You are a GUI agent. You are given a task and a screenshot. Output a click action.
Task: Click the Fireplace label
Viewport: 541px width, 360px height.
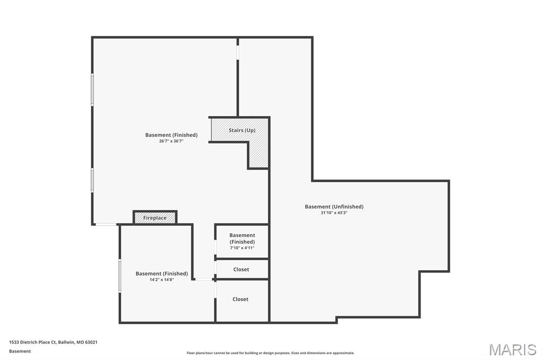coord(155,218)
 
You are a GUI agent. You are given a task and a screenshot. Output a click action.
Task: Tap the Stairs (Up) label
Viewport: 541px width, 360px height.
coord(242,130)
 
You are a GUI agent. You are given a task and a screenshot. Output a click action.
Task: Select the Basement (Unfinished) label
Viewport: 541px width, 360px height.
coord(334,206)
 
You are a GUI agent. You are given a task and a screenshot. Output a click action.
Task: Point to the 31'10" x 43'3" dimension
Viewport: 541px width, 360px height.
coord(334,213)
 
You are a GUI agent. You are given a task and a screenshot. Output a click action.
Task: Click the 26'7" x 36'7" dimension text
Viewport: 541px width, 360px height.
coord(171,141)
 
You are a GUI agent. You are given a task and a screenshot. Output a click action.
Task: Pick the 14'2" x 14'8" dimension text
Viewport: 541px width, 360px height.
coord(162,280)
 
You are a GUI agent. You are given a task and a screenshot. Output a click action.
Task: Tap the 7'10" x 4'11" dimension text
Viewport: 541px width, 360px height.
coord(242,248)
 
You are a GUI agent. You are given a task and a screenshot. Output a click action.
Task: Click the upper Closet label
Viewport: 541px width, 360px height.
coord(241,269)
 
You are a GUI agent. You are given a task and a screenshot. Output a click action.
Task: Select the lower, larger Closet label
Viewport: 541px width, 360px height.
coord(240,299)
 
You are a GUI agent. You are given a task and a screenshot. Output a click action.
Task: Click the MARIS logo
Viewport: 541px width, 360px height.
coord(512,349)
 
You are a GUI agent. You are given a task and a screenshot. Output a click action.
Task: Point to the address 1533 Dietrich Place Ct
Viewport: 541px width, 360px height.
coord(32,343)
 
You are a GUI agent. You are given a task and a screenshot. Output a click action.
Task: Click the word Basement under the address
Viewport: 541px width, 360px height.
coord(20,352)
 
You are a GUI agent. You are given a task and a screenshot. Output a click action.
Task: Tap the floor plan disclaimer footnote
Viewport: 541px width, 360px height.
coord(270,353)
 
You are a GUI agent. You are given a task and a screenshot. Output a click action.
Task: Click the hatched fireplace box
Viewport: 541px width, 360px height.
coord(155,217)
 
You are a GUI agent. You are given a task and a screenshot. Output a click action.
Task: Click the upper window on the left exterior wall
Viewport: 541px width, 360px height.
coord(92,89)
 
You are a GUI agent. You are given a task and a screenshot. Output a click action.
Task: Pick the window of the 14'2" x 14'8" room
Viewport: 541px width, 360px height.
coord(120,276)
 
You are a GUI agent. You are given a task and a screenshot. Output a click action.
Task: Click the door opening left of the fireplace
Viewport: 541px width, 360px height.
coord(106,224)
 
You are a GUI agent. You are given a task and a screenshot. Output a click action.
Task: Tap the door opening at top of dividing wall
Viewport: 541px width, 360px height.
coord(238,52)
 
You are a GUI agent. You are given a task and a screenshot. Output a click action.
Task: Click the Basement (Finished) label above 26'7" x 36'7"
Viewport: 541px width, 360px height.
coord(171,135)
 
